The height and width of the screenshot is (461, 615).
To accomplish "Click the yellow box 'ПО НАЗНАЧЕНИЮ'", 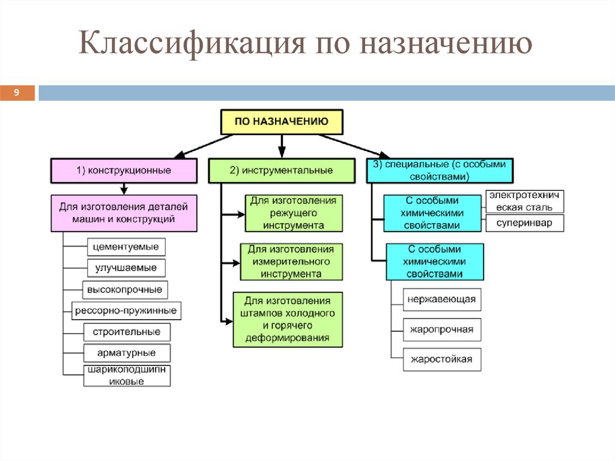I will click(282, 121).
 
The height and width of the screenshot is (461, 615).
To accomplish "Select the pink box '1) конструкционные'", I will click(124, 170).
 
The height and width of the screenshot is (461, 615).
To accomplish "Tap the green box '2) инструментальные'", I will click(281, 170).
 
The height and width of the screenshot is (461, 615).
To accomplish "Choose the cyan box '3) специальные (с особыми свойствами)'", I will click(440, 170).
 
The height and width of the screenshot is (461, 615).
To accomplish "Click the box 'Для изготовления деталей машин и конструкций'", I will click(124, 213).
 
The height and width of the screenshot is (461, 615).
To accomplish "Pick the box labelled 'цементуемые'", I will click(127, 247).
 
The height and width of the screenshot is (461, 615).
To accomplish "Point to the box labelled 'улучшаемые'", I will click(126, 267).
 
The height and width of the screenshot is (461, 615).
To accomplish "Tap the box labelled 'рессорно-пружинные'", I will click(126, 311).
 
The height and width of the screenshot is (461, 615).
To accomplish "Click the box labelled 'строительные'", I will click(127, 332).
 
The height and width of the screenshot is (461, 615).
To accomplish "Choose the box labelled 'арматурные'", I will click(127, 353).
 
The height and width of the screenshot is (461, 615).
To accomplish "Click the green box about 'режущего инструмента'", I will click(294, 213).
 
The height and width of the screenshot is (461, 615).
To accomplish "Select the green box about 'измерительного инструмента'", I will click(291, 261).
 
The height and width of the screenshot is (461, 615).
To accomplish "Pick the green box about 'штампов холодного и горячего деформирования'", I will click(288, 319).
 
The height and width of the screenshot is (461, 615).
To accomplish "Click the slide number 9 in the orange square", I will click(17, 93).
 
